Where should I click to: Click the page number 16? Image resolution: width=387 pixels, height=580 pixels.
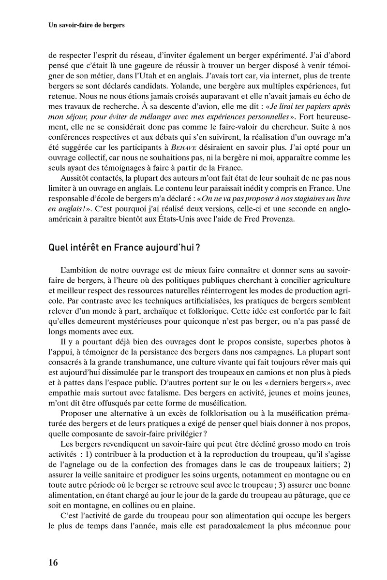[53, 561]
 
